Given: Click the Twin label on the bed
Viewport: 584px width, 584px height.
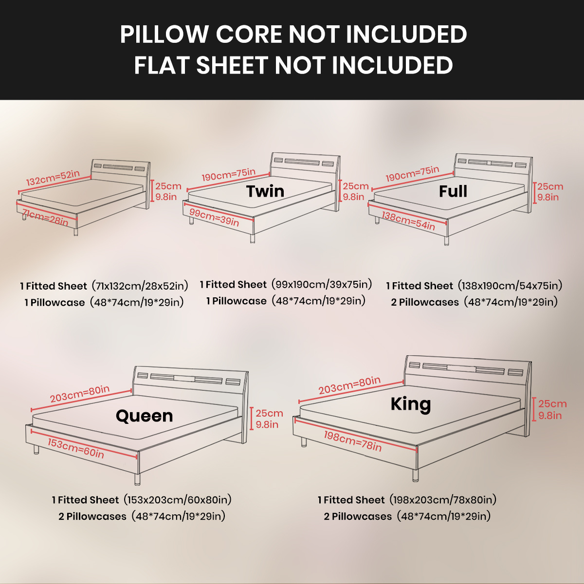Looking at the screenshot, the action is pyautogui.click(x=265, y=191).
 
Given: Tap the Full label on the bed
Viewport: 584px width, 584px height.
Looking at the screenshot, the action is pyautogui.click(x=453, y=191).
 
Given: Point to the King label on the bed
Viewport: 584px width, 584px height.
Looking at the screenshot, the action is pyautogui.click(x=411, y=404).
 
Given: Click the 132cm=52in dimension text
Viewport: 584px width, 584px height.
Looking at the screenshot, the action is pyautogui.click(x=53, y=178).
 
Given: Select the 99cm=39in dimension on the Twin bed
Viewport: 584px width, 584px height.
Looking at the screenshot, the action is pyautogui.click(x=214, y=217).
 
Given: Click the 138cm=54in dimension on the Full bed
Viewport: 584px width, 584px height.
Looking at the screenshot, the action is pyautogui.click(x=408, y=220).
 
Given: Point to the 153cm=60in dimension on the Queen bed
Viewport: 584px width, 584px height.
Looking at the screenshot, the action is pyautogui.click(x=76, y=448).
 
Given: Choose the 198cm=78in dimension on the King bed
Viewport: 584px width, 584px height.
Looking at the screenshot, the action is pyautogui.click(x=353, y=441).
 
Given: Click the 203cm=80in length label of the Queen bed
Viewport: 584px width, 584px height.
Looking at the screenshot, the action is pyautogui.click(x=80, y=394).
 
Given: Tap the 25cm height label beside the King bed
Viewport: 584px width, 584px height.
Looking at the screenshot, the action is pyautogui.click(x=552, y=403).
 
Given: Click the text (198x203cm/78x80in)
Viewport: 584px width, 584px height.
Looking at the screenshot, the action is pyautogui.click(x=443, y=499).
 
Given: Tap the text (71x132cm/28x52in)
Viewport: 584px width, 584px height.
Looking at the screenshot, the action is pyautogui.click(x=140, y=286).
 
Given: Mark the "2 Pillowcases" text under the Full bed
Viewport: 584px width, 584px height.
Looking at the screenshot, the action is pyautogui.click(x=425, y=302).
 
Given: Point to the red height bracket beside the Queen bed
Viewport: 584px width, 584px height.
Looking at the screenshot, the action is pyautogui.click(x=251, y=419).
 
